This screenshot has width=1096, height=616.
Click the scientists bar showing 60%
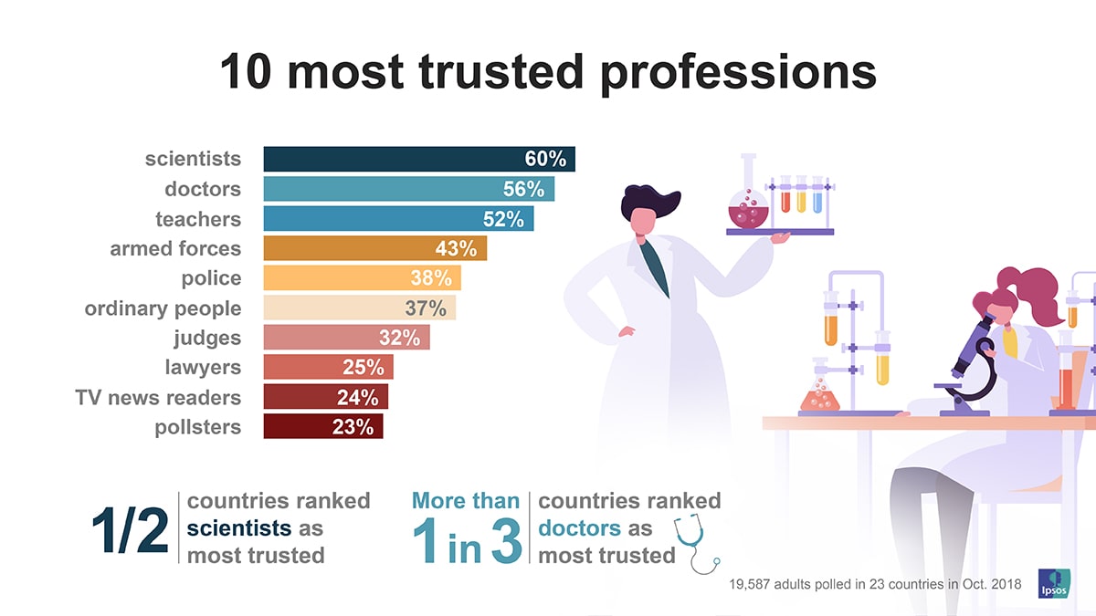(418, 159)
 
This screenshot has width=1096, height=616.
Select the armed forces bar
(374, 248)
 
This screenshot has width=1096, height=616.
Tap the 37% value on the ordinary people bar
(425, 308)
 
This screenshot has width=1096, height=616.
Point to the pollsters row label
(197, 427)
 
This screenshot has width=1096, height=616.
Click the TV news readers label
(158, 398)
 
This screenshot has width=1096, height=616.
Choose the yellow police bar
(362, 278)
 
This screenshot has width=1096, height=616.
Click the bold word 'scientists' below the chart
(238, 528)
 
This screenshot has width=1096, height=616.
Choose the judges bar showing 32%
(345, 338)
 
